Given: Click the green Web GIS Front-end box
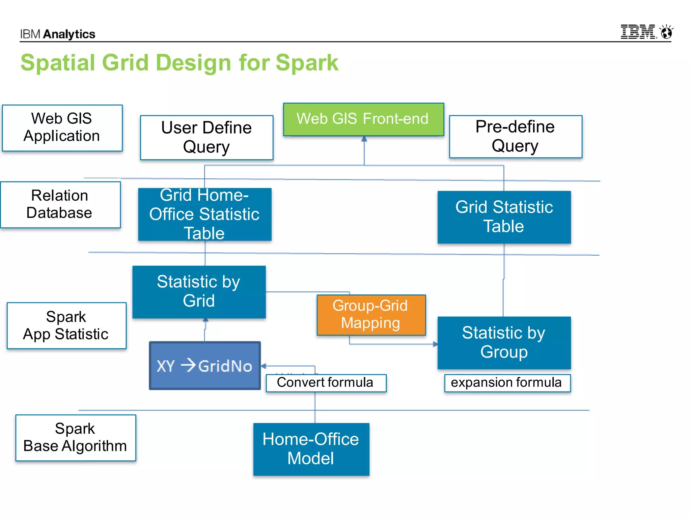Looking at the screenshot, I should point(363,119).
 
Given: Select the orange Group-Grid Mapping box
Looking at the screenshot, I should point(371,315).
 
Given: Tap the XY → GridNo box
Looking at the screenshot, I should point(205,366).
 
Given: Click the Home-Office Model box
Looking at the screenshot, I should point(311,449).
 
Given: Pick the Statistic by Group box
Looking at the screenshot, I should point(504,343).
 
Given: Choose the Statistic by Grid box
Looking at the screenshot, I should point(199,292).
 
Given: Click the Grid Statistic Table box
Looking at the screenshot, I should point(504,217).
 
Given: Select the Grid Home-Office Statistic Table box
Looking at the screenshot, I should point(204,214).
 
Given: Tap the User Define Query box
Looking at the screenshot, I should point(206,137).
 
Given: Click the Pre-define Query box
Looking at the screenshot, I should point(515,137).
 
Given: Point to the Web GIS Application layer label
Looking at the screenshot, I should point(62,128).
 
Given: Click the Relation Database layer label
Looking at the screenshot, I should point(60,204).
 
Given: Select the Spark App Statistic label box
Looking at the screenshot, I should point(66,325).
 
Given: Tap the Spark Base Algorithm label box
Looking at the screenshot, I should point(76,437).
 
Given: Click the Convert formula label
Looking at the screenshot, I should point(326,383).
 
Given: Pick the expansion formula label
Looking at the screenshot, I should point(507,383).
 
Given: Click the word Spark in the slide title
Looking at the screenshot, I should point(306,63).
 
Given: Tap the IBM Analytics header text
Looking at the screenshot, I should point(58,34).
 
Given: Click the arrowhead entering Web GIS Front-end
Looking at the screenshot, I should point(364,139).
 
